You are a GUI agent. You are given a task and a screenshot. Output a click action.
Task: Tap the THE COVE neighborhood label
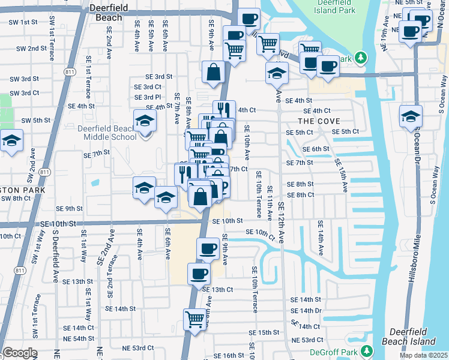point(315,121)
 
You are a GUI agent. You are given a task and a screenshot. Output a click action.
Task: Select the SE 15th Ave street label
point(340,175)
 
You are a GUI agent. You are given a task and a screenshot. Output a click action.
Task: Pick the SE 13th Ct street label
point(217,289)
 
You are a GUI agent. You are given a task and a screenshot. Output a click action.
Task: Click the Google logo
point(19,353)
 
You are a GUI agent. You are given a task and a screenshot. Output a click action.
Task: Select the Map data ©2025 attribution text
point(423,355)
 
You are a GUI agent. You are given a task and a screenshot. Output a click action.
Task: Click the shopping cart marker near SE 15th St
point(195,319)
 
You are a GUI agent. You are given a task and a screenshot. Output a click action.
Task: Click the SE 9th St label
point(70,208)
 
